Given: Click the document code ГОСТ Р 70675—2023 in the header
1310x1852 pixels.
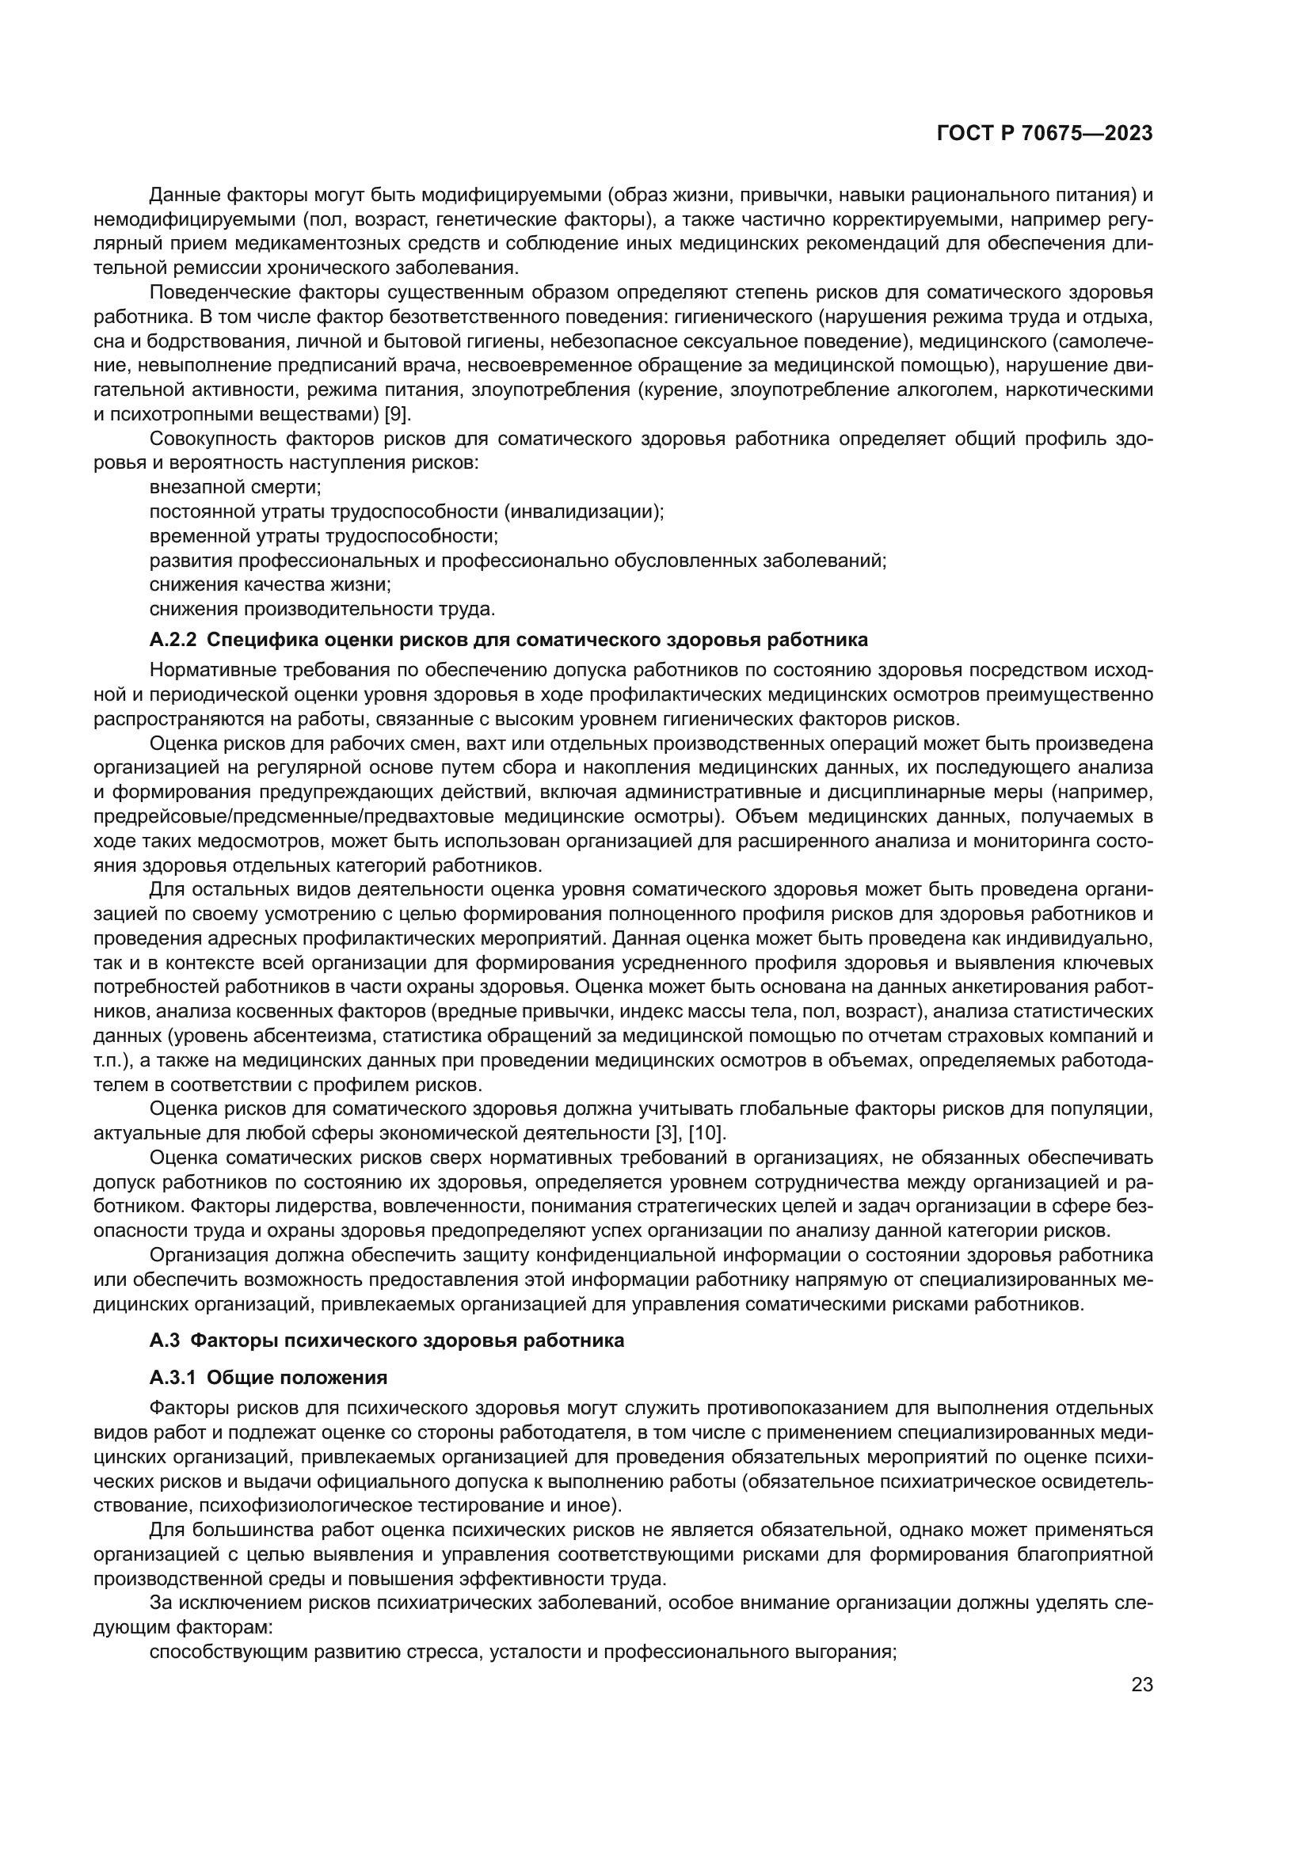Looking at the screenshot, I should [1045, 134].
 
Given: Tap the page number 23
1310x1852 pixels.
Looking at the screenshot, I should [1142, 1685].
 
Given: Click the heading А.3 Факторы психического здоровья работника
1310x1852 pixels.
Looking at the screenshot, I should [387, 1340].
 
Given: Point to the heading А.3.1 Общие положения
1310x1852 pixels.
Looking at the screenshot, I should [268, 1377].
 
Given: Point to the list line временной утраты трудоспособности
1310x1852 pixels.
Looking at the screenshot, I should [323, 535].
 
